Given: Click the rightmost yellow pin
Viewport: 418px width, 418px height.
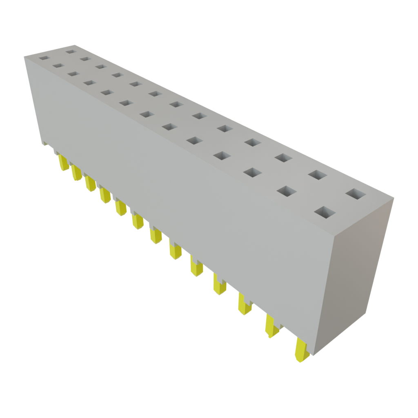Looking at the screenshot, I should [301, 351].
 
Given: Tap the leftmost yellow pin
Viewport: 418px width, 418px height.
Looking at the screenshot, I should [63, 162].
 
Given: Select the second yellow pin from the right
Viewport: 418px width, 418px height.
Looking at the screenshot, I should [272, 326].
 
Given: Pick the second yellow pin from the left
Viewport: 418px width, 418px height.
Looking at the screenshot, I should [77, 173].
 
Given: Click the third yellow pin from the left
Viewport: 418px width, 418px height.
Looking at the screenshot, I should [90, 183].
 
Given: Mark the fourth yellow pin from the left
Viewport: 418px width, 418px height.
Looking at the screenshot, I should [105, 196].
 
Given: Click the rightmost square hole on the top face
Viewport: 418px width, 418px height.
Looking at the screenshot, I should [355, 194].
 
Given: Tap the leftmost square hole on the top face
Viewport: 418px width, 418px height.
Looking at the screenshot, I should [44, 58].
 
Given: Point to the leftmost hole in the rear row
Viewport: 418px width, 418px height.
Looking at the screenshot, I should [71, 52].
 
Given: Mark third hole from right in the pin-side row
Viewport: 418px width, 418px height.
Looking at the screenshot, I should [254, 172].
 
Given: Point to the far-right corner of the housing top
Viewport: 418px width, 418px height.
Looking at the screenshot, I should [394, 198].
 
